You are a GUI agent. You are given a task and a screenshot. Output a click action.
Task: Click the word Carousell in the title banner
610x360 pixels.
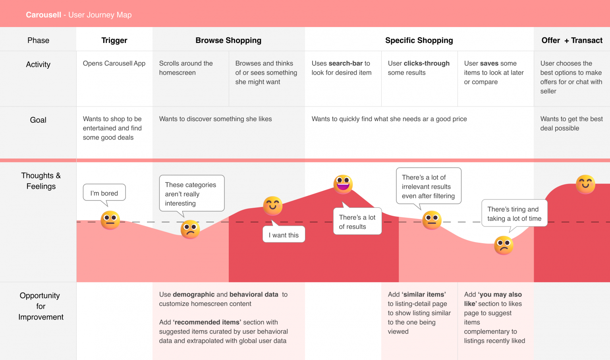[x=43, y=15]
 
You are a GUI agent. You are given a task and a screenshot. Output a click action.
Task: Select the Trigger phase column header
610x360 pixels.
[x=114, y=40]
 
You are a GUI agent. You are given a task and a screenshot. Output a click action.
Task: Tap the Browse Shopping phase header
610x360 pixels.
[x=228, y=40]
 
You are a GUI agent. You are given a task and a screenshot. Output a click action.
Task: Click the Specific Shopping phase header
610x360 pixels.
[x=419, y=40]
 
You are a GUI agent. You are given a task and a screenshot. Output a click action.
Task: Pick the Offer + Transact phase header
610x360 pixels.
[x=572, y=40]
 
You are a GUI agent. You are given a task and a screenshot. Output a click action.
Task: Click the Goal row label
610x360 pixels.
[x=38, y=120]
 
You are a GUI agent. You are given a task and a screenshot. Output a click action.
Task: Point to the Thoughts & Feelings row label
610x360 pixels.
[x=41, y=181]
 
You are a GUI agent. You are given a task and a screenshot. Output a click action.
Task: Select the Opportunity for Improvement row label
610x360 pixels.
[x=41, y=306]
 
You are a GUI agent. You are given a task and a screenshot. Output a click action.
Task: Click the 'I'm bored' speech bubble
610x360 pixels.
[x=104, y=193]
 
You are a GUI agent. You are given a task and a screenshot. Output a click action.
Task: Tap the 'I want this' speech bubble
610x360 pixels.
[x=284, y=235]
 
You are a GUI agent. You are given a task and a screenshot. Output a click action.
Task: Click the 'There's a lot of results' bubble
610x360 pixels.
[x=357, y=222]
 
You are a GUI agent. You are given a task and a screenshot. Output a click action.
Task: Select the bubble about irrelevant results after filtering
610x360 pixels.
[x=428, y=186]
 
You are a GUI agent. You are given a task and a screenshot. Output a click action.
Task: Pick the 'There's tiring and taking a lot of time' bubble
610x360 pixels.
[x=514, y=214]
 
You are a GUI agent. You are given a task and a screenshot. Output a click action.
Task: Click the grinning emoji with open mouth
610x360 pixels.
[x=343, y=184]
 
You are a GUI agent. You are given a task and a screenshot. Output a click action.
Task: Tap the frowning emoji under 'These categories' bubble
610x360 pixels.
[x=190, y=229]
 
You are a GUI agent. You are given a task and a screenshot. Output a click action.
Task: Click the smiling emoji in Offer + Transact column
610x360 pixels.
[x=585, y=184]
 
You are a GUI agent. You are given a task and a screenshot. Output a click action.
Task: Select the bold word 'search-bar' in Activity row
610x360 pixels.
[x=346, y=63]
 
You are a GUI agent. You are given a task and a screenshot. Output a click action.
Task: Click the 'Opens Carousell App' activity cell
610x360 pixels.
[x=114, y=63]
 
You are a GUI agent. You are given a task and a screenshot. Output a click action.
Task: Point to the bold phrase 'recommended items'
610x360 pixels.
[x=207, y=322]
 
